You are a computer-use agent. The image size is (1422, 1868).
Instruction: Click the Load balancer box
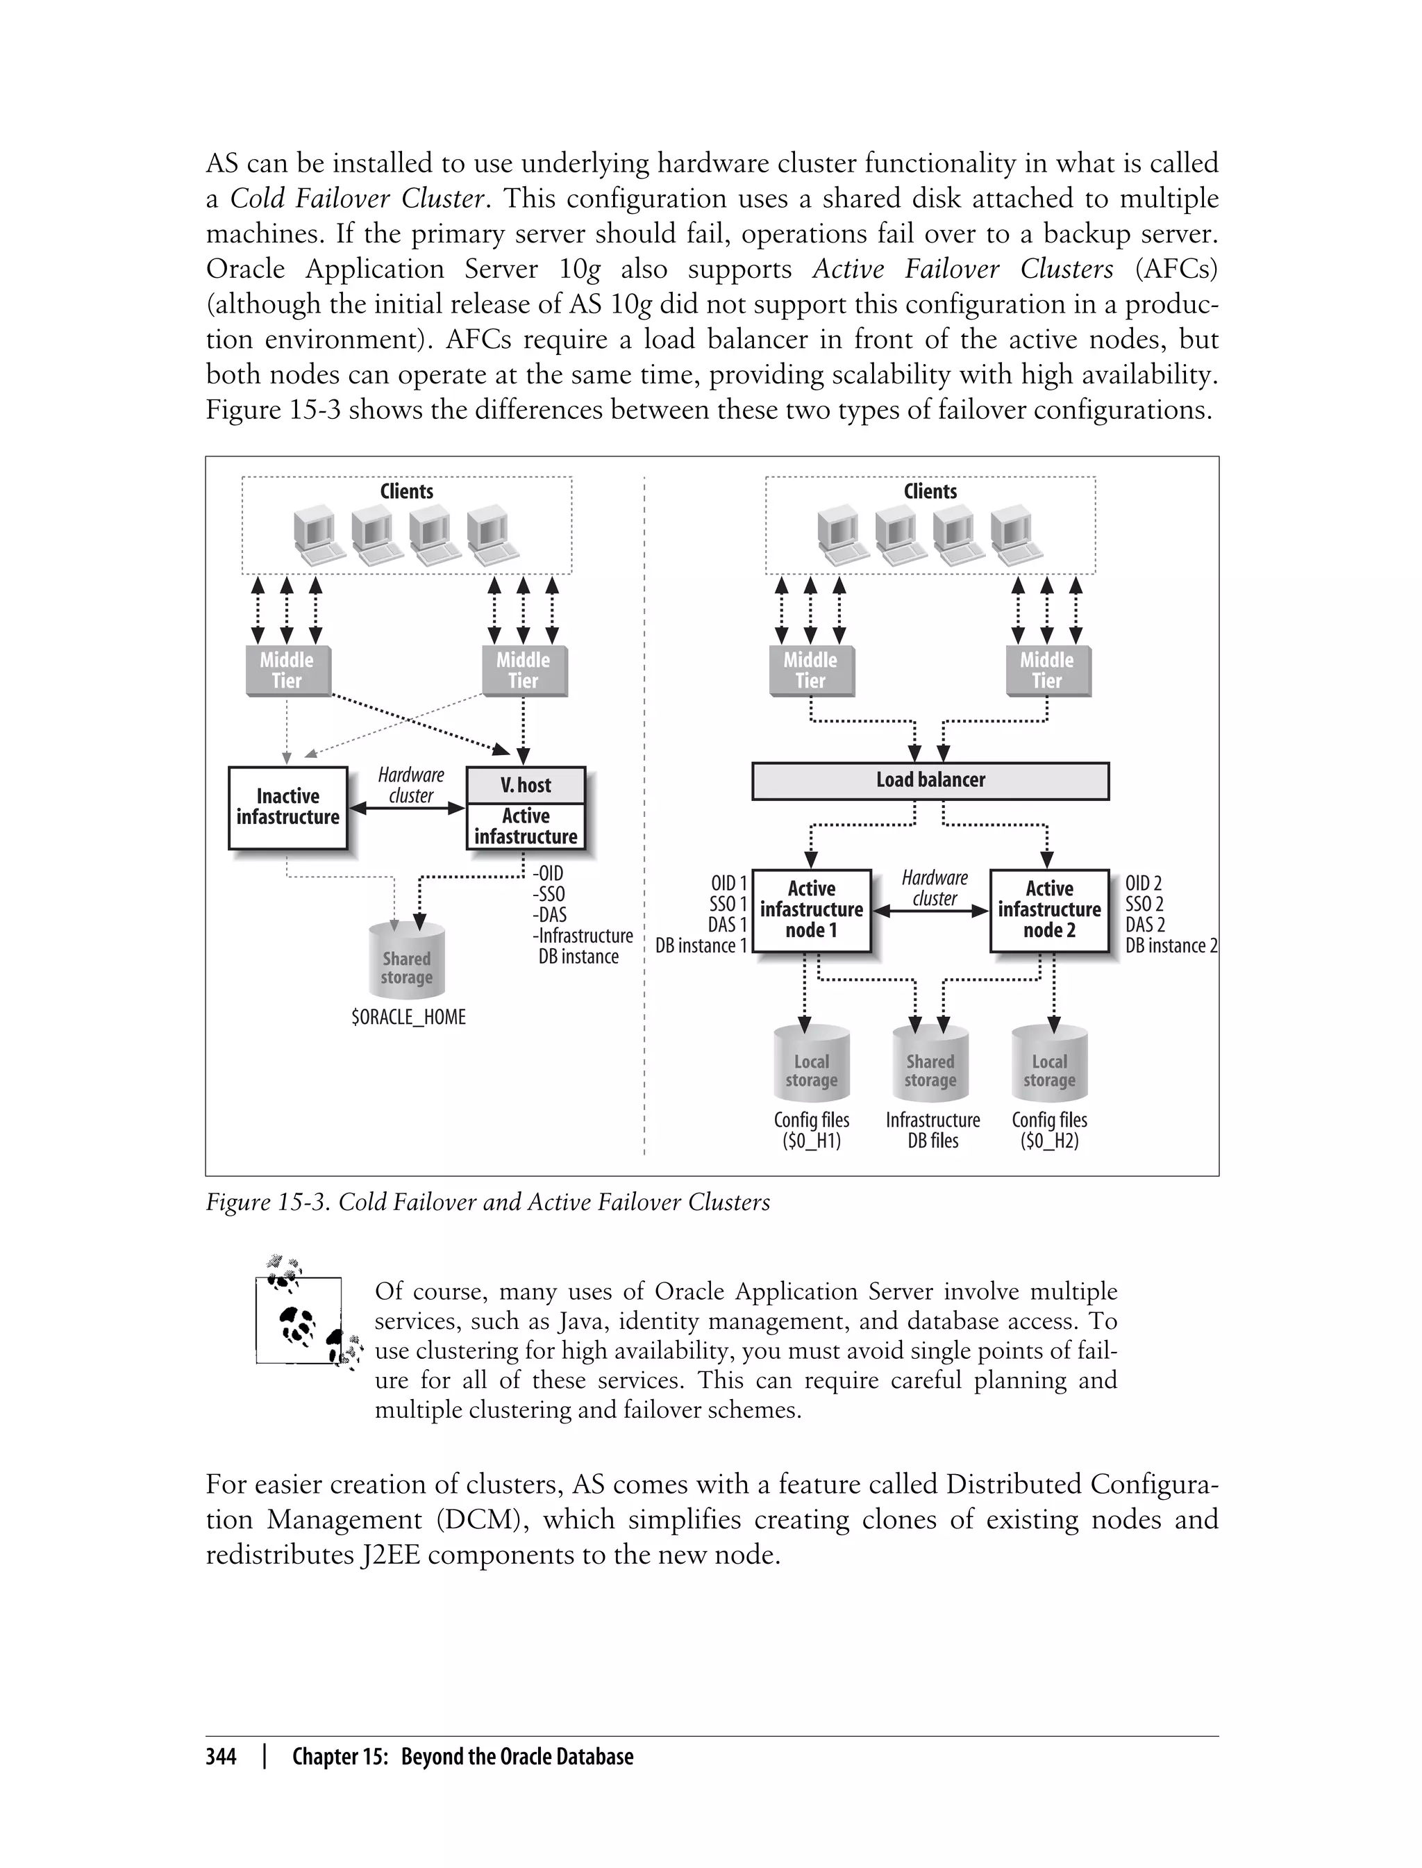click(x=930, y=781)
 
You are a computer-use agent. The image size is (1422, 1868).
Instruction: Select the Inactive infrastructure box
click(x=287, y=807)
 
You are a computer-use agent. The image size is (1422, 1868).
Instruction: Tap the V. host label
click(x=526, y=785)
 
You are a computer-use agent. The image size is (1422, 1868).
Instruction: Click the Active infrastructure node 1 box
click(x=811, y=910)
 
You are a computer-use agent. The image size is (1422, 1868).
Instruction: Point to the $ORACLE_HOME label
click(x=408, y=1017)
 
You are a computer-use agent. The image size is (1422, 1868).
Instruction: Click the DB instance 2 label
click(x=1171, y=946)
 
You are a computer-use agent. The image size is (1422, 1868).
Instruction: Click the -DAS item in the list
click(x=549, y=914)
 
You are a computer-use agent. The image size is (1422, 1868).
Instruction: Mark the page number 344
click(x=221, y=1756)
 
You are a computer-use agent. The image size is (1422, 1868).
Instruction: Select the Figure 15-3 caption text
click(x=487, y=1202)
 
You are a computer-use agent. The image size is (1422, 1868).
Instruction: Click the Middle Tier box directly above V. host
click(x=523, y=670)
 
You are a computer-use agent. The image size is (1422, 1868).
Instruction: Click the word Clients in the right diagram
click(x=930, y=491)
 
